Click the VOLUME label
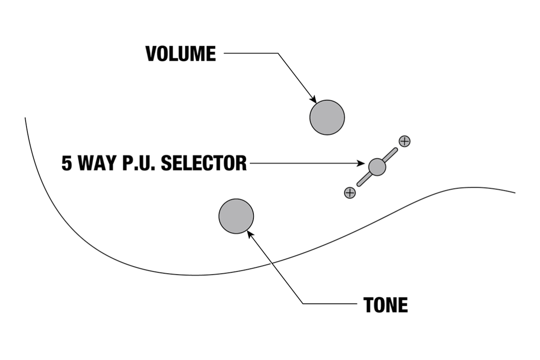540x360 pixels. click(180, 54)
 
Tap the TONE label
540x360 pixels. click(385, 305)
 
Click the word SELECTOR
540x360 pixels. click(204, 163)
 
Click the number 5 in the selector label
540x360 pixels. click(67, 163)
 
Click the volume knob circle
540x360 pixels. click(327, 117)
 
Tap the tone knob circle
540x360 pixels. click(236, 216)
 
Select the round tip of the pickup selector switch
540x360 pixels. click(377, 167)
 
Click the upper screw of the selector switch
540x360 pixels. click(405, 141)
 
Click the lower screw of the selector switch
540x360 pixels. click(350, 193)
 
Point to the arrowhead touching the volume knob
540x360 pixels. click(314, 101)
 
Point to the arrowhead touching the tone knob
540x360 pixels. click(250, 234)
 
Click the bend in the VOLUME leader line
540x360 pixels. click(278, 54)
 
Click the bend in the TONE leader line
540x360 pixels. click(303, 304)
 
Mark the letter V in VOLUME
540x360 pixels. click(150, 54)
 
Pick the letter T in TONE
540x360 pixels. click(369, 305)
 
